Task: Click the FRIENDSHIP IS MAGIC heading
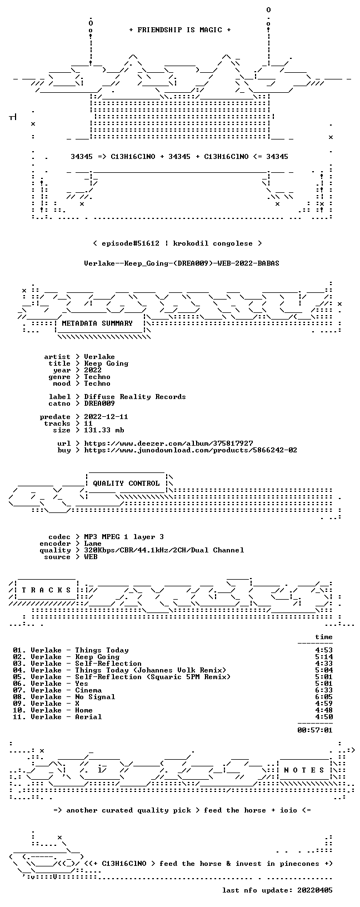tap(180, 30)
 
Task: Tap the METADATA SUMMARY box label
tap(97, 323)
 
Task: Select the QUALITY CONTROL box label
tap(126, 484)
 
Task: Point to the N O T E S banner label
tap(304, 770)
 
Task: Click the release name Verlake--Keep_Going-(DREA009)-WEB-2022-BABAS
tap(182, 263)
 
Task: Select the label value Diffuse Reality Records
tap(135, 397)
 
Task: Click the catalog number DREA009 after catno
tap(99, 403)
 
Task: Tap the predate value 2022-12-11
tap(106, 417)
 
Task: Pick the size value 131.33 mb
tap(104, 430)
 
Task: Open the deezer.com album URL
tap(168, 444)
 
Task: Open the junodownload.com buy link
tap(191, 450)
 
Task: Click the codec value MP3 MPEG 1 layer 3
tap(124, 537)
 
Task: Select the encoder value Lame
tap(93, 544)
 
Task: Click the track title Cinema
tap(88, 690)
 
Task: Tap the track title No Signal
tap(95, 697)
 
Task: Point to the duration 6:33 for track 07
tap(324, 690)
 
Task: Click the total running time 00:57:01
tap(315, 730)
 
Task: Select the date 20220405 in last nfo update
tap(315, 890)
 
